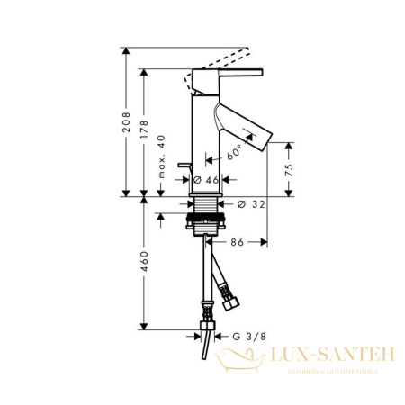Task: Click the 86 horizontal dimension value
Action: [238, 242]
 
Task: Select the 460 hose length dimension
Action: [145, 265]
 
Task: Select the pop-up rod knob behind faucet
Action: [184, 169]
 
